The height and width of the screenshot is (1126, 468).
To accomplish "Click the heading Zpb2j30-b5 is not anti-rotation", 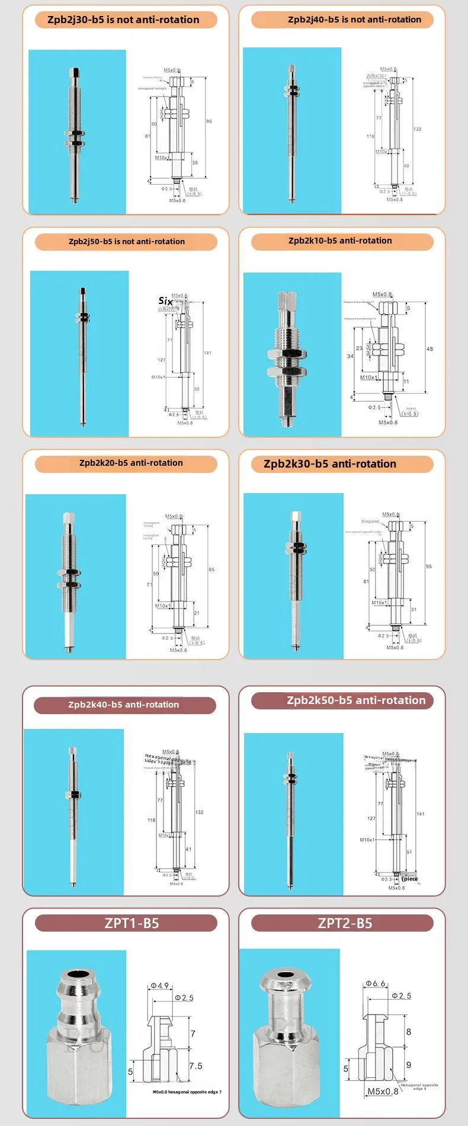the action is point(123,20).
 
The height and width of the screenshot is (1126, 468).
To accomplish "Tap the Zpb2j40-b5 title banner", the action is point(354,20).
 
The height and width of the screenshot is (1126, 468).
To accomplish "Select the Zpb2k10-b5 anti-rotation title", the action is point(340,241).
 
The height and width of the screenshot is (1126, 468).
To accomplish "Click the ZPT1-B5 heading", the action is point(132,923).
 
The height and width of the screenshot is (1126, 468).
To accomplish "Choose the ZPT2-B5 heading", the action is point(345,923).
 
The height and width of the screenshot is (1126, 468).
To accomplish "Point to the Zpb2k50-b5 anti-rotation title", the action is point(355,700).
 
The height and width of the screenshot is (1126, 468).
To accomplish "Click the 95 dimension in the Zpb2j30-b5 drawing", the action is point(209,121).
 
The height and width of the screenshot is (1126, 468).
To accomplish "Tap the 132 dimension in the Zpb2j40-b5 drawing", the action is point(418,129).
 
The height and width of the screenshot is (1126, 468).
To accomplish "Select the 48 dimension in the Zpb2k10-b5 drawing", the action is point(429,349).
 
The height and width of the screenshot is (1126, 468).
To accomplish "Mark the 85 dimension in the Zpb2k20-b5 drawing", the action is point(211,570).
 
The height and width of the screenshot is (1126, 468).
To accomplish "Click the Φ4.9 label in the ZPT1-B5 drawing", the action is point(160,986).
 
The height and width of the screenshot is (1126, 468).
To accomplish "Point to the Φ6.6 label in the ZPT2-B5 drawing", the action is point(376,983).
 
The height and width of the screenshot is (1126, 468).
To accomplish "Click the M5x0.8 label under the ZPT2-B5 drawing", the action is point(383,1091).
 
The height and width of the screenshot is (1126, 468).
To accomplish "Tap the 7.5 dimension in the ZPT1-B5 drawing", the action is point(196,1066).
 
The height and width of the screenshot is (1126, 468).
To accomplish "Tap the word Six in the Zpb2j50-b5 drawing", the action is point(165,301).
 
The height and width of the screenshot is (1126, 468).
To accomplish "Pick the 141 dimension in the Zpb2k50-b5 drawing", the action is point(420,814).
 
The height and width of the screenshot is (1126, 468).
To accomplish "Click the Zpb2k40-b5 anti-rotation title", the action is point(123,705).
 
